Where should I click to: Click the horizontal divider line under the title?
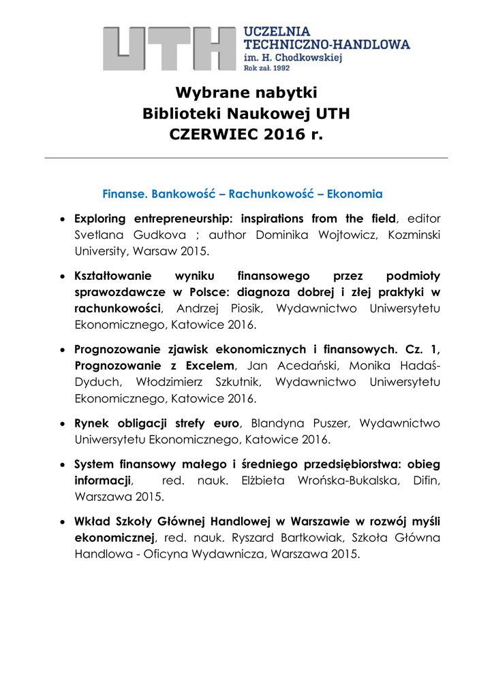[246, 158]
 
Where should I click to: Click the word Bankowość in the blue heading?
[187, 194]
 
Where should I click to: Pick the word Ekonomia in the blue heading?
[354, 194]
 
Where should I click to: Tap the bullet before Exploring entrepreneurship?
[63, 219]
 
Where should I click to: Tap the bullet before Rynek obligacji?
[63, 424]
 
